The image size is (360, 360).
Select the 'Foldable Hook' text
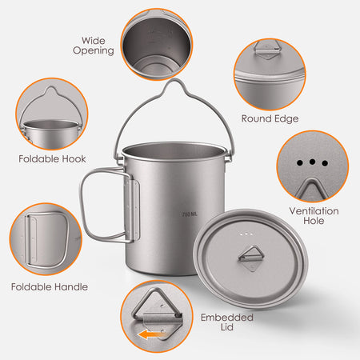coord(52,158)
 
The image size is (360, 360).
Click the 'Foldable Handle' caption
coord(50,286)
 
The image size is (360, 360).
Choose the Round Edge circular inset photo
coord(269,74)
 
